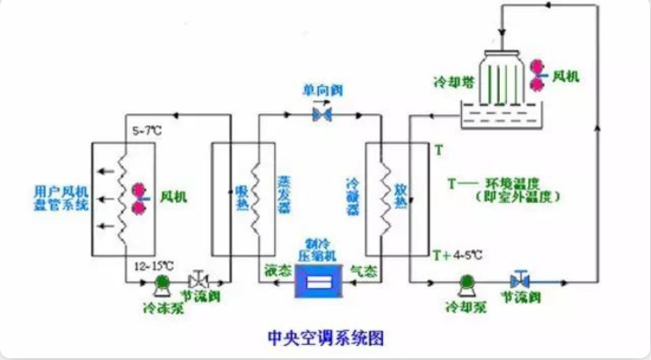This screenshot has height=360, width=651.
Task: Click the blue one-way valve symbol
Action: pos(322,115)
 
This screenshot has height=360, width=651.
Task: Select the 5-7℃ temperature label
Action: pos(147,131)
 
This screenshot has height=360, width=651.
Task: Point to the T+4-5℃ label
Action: pos(459,255)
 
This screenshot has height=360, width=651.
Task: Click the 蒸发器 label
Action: pos(283,193)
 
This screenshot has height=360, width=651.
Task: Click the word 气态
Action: pos(363,272)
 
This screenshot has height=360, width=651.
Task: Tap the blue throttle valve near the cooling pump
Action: pos(519,281)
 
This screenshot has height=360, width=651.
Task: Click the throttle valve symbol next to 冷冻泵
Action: pos(199,280)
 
